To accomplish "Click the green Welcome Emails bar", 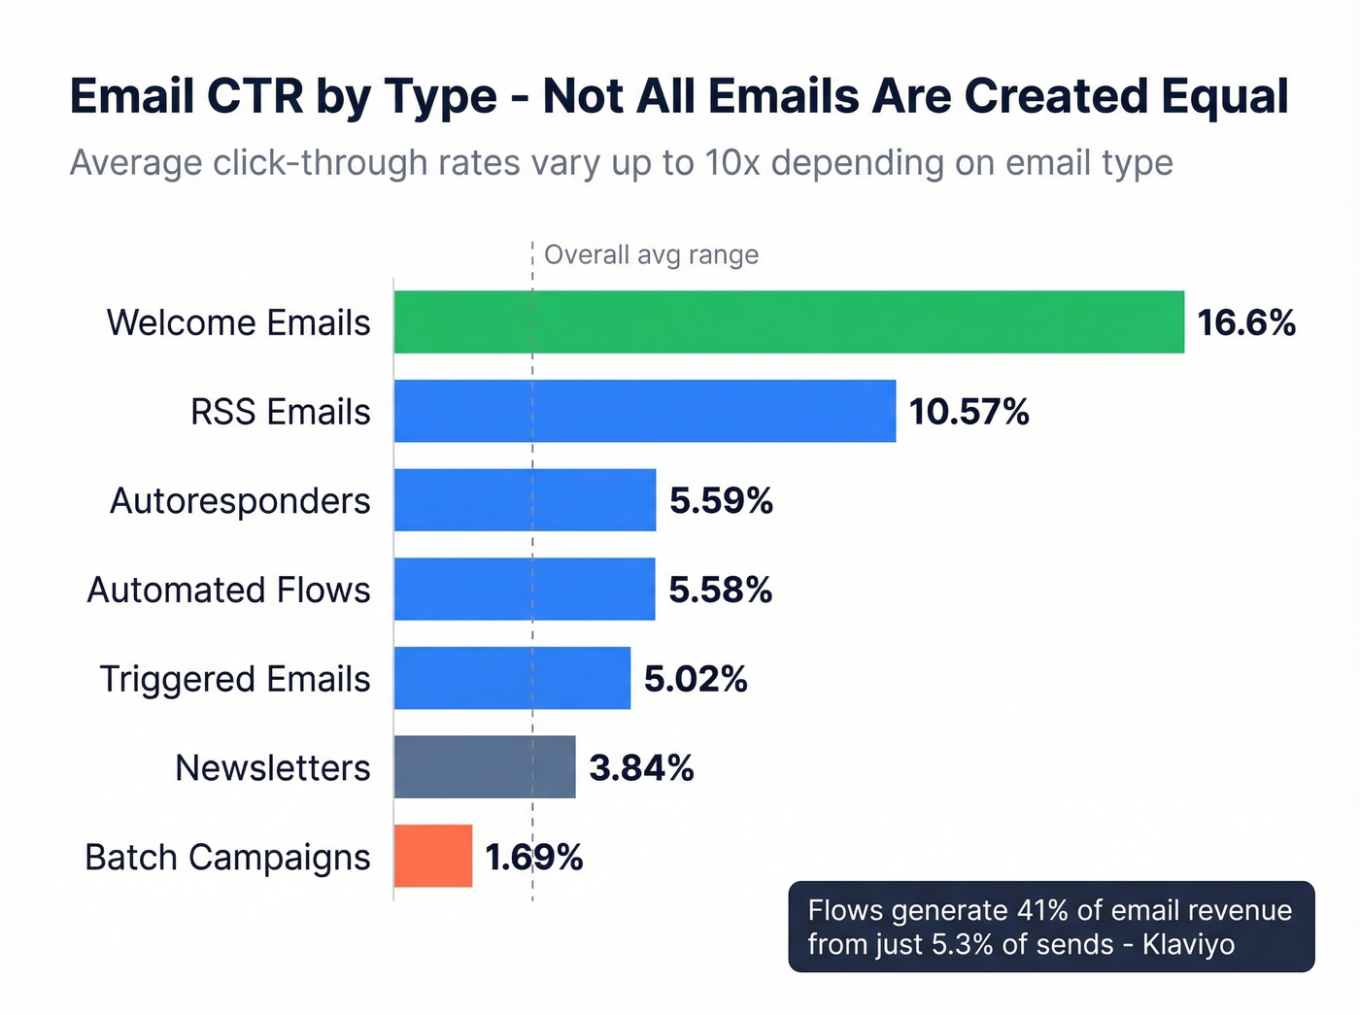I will pos(789,321).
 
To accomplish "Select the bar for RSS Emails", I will pos(645,411).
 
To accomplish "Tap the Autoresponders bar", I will pos(525,500).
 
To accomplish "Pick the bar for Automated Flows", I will pos(525,589).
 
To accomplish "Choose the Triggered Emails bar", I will pos(512,678).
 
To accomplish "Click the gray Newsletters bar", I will pos(485,767).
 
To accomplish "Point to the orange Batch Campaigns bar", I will pos(433,856).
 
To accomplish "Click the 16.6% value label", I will pos(1245,322).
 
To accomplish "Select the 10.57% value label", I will pos(969,412).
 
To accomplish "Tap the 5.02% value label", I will pos(696,679).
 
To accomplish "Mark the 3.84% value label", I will pos(641,768).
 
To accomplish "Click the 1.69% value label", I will pos(534,857).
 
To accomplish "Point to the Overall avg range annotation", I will pos(651,255).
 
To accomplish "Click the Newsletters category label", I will pos(272,768).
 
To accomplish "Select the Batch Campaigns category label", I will pos(227,858).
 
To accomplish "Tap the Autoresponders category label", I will pos(240,501).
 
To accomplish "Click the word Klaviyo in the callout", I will pos(1188,944).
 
